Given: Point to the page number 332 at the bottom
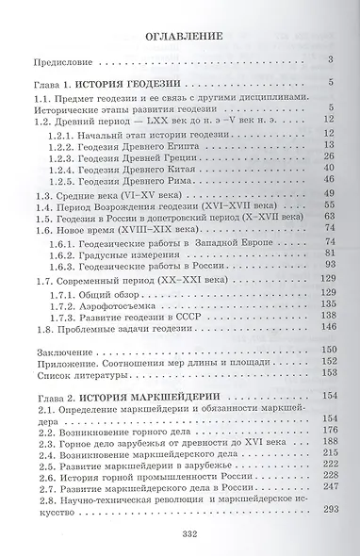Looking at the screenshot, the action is point(180,534).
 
